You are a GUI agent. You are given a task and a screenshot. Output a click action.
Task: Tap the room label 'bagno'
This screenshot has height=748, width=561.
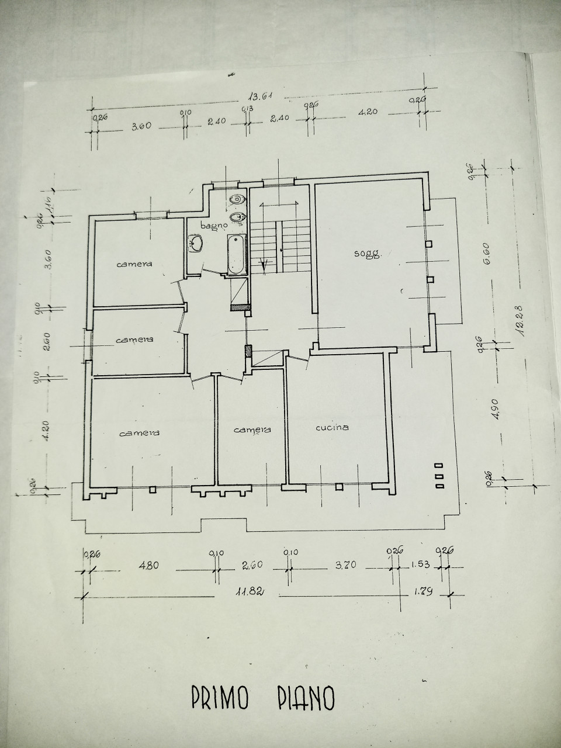click(x=214, y=226)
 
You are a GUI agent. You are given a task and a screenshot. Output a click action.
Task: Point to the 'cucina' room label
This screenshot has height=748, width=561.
click(x=332, y=427)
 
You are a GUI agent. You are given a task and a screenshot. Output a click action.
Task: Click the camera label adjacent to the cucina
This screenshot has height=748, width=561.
click(x=252, y=430)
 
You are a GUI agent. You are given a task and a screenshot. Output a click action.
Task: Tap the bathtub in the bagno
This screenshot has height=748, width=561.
click(x=236, y=255)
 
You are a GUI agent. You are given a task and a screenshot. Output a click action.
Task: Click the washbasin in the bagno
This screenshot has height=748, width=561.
click(x=196, y=243)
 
